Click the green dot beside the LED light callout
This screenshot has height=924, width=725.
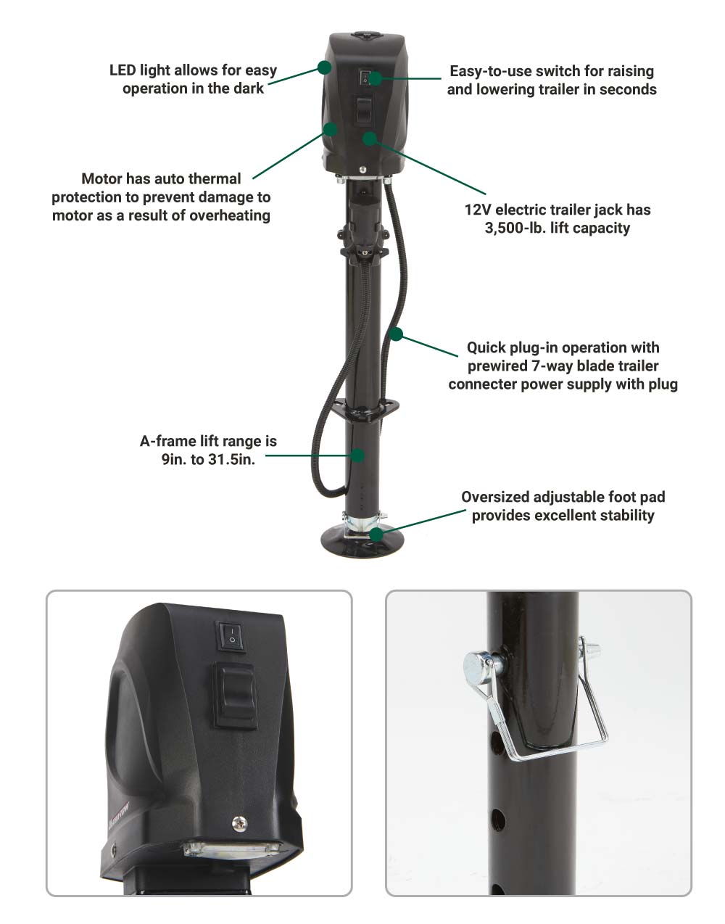325,67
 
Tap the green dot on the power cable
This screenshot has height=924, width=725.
396,334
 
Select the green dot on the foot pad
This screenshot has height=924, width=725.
376,534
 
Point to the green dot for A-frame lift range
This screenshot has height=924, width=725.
358,455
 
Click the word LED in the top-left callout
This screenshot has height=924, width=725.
123,70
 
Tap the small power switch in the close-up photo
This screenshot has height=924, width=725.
231,636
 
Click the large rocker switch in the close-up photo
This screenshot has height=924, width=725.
236,695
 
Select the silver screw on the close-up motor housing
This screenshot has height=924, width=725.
240,823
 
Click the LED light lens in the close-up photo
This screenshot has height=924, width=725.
232,849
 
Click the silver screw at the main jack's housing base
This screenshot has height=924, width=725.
362,170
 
